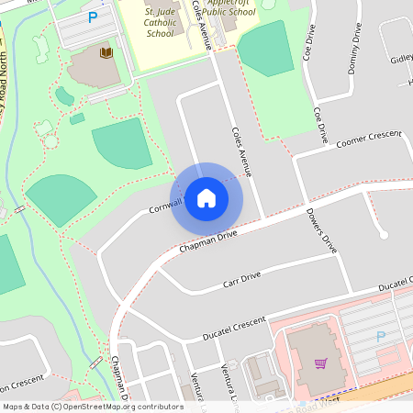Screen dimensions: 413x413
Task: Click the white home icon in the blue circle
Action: tap(206, 198)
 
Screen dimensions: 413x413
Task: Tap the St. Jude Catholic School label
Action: tap(160, 22)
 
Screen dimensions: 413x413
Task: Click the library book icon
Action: tap(106, 53)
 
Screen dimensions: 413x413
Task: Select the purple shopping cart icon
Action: tap(320, 363)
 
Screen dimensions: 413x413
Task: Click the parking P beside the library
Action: tap(92, 17)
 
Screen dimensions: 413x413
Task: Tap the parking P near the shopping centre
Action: tap(381, 336)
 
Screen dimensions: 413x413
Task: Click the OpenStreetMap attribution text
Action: tap(93, 406)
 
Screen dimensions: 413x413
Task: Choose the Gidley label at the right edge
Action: tap(401, 60)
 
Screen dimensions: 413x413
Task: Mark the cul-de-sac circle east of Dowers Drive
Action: tap(384, 236)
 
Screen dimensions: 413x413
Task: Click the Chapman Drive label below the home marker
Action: tap(208, 241)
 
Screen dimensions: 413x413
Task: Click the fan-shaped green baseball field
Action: tap(61, 196)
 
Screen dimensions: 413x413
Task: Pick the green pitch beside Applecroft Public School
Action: tap(264, 48)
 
